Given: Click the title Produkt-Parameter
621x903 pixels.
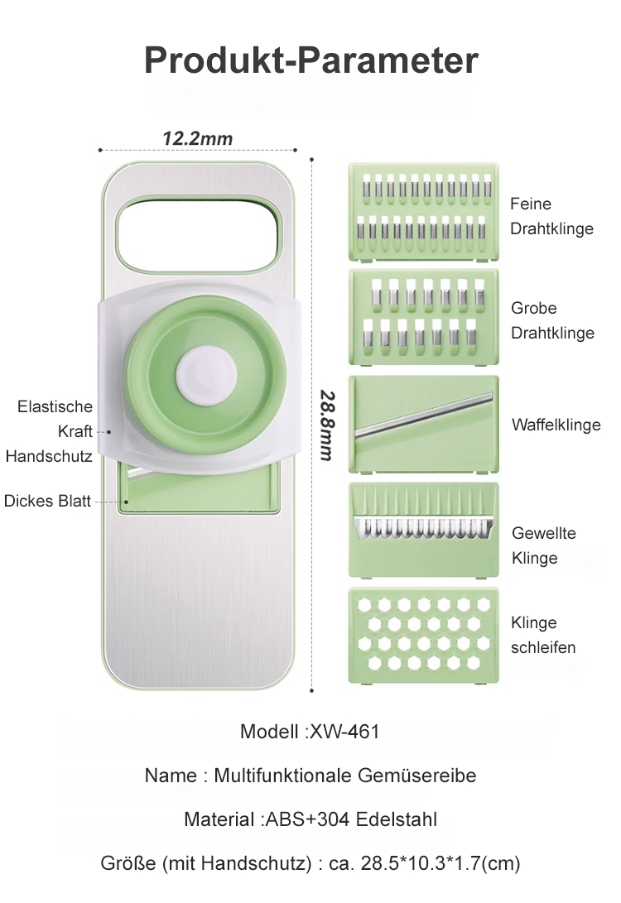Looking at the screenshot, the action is pyautogui.click(x=311, y=60).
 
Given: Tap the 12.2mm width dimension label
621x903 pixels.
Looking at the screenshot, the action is pyautogui.click(x=198, y=138).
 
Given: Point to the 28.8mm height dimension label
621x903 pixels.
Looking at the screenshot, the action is pyautogui.click(x=327, y=425).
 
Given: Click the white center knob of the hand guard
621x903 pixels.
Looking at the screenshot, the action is pyautogui.click(x=206, y=376).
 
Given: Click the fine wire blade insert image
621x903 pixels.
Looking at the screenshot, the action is pyautogui.click(x=423, y=212).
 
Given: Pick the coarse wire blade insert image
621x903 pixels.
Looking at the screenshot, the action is pyautogui.click(x=423, y=317).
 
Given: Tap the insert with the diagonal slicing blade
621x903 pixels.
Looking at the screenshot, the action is pyautogui.click(x=423, y=425).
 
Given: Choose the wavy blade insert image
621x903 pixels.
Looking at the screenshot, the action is pyautogui.click(x=423, y=530).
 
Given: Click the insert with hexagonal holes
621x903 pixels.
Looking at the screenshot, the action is pyautogui.click(x=423, y=636).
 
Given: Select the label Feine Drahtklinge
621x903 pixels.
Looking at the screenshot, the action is pyautogui.click(x=551, y=216).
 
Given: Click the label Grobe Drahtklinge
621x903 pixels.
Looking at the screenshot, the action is pyautogui.click(x=552, y=320).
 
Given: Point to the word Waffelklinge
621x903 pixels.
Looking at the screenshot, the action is pyautogui.click(x=556, y=425).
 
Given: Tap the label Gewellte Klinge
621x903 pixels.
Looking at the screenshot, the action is pyautogui.click(x=543, y=545).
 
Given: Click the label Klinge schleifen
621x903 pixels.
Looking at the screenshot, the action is pyautogui.click(x=542, y=635).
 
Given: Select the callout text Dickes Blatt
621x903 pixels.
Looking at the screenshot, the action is pyautogui.click(x=47, y=501).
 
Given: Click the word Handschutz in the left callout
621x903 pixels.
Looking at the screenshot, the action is pyautogui.click(x=49, y=456).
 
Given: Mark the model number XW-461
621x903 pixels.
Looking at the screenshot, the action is pyautogui.click(x=344, y=732).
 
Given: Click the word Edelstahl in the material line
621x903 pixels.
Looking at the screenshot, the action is pyautogui.click(x=397, y=819).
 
